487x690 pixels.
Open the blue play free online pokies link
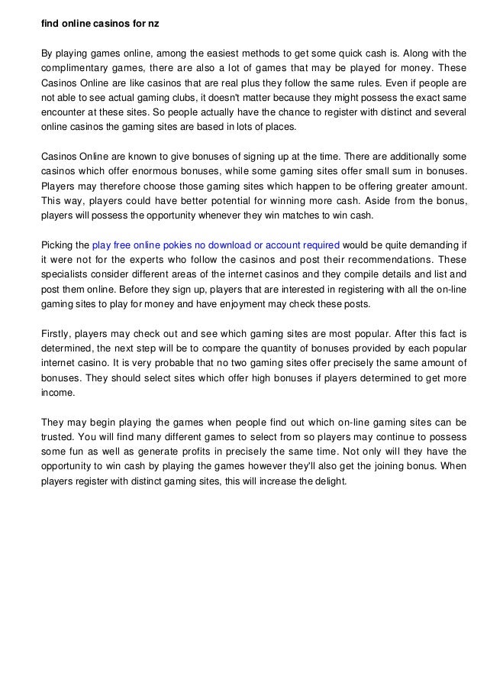tap(215, 245)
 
